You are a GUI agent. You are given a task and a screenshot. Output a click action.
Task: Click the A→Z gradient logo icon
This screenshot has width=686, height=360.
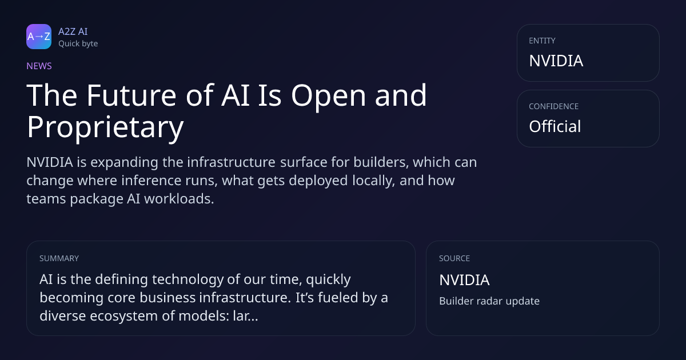[39, 37]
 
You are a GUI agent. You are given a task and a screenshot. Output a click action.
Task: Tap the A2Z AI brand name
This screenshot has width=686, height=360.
[73, 31]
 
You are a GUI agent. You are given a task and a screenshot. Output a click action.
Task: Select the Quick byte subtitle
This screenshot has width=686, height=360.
[78, 44]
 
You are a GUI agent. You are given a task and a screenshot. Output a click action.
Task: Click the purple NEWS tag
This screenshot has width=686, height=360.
[39, 66]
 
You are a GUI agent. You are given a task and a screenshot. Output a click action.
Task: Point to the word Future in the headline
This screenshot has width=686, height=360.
[131, 95]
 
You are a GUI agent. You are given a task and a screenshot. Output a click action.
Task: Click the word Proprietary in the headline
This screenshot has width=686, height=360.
[105, 127]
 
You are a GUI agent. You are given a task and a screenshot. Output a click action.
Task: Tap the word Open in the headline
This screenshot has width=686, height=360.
[328, 96]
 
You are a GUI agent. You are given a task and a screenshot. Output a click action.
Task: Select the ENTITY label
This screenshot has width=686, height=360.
[542, 41]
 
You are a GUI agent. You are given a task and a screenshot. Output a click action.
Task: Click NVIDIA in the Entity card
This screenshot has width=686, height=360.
[556, 61]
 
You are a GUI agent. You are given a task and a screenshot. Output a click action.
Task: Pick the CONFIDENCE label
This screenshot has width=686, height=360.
[554, 106]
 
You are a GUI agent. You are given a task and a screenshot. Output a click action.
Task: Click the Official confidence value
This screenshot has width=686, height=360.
[555, 126]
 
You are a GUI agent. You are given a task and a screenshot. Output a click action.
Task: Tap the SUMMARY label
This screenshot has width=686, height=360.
[59, 258]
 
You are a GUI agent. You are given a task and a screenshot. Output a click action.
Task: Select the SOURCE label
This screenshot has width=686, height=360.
[454, 258]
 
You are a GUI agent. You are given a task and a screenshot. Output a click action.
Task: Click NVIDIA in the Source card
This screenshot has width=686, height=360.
[464, 280]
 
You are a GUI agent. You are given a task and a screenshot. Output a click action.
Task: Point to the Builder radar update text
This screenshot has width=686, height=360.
[489, 301]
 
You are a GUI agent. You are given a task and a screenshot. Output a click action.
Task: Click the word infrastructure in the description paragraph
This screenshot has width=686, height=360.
[231, 162]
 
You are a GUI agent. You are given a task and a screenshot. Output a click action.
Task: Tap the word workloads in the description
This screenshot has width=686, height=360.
[179, 199]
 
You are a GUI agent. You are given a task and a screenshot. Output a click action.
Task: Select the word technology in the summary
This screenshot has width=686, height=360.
[188, 279]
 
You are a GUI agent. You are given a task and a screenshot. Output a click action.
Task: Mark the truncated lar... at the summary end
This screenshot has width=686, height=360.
[245, 316]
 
